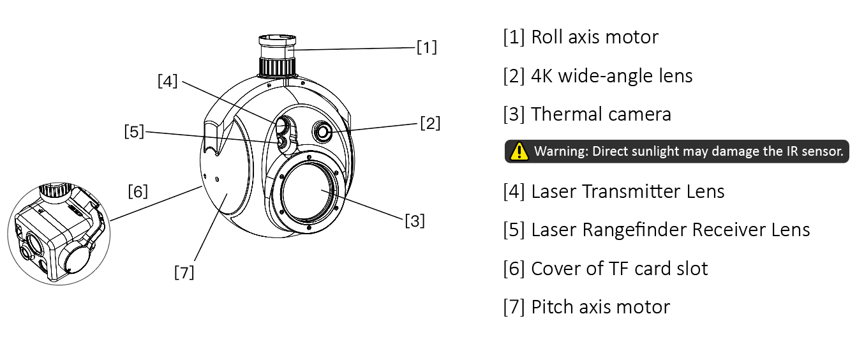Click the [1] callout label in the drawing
point(426,47)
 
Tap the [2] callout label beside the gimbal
point(429,123)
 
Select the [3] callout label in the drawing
point(415,221)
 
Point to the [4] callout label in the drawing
point(167,81)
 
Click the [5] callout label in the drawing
point(134,131)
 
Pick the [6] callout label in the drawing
point(138,191)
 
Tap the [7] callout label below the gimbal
point(184,272)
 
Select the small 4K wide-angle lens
point(323,131)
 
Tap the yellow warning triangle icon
point(521,151)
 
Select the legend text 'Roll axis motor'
point(594,37)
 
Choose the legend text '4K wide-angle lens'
point(611,76)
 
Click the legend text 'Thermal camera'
point(600,114)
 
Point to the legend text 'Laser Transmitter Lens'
point(627,191)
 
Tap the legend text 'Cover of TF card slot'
point(619,269)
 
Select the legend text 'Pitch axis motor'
point(600,307)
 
